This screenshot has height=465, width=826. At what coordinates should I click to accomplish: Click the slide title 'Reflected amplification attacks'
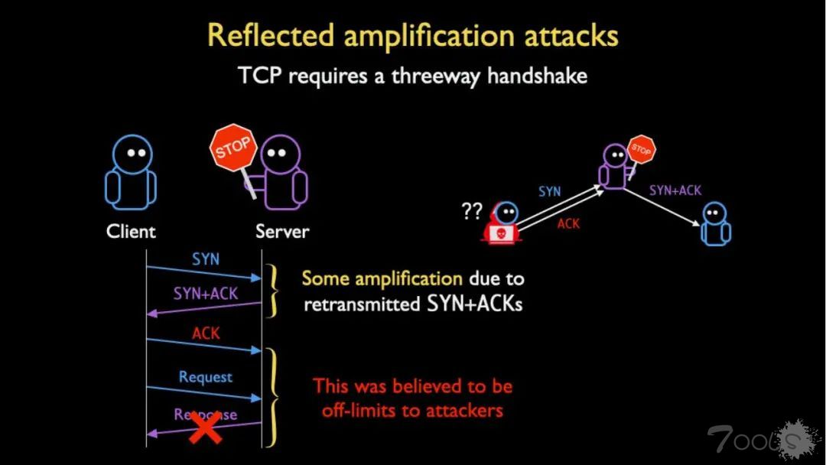413,36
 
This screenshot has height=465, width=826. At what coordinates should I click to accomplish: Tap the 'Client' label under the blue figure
131,231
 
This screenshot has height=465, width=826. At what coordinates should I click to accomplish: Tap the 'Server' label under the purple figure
282,231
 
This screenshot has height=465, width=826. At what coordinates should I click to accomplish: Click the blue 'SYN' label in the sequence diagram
206,259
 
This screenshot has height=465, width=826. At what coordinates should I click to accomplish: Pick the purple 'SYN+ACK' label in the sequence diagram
206,293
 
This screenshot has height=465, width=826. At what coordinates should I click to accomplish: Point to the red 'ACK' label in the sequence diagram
206,333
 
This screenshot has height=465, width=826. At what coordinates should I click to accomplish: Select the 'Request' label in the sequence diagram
206,377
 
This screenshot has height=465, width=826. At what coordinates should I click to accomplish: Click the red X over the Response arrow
206,427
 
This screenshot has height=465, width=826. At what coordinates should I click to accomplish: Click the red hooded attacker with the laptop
502,223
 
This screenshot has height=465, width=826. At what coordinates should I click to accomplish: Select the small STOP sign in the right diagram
641,149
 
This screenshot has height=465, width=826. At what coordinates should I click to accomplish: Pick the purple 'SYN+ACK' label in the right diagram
675,190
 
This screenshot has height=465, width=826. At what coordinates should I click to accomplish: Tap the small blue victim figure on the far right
715,223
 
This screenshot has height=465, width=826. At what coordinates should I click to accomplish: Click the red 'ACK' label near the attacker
568,223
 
